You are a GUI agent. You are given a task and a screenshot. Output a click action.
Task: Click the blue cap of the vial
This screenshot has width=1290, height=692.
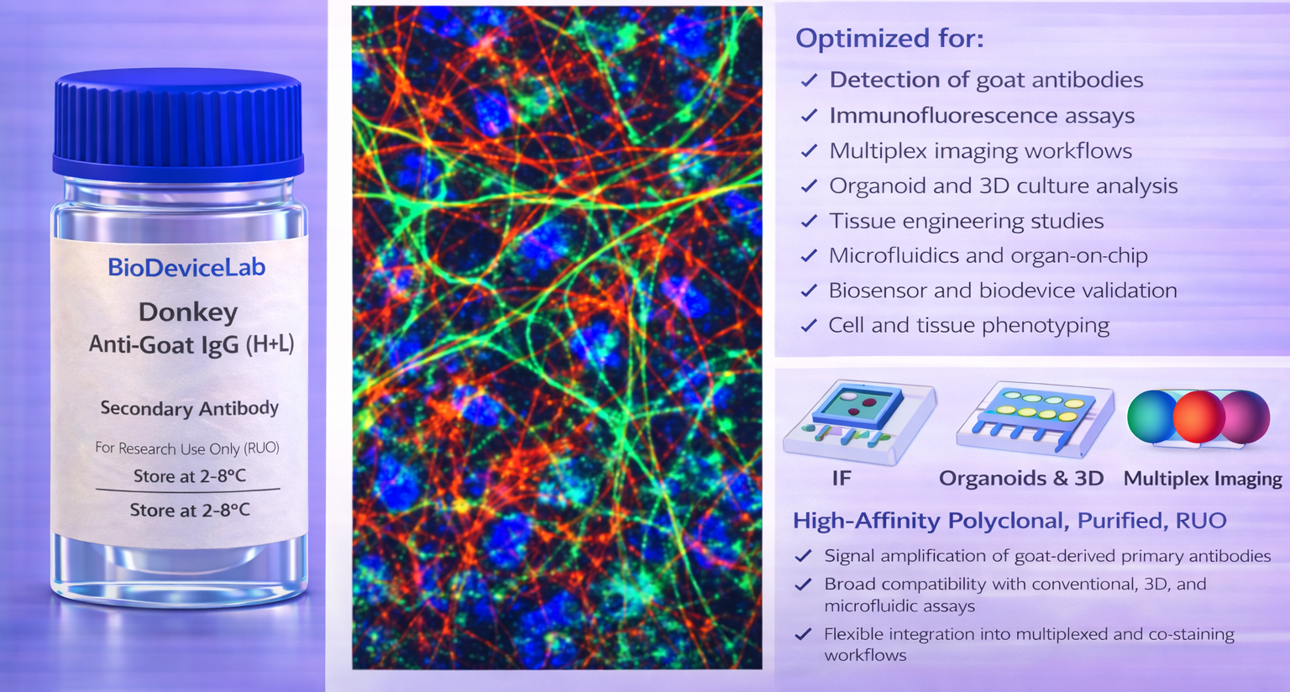tap(178, 123)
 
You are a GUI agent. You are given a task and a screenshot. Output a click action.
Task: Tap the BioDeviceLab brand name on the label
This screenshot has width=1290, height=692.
tap(186, 268)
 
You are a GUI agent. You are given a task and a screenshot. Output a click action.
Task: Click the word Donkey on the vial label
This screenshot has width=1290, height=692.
tap(188, 313)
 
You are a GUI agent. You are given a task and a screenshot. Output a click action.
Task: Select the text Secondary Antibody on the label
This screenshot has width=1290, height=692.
tap(190, 408)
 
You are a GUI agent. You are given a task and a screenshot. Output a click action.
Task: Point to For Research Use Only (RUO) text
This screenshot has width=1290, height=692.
tap(187, 448)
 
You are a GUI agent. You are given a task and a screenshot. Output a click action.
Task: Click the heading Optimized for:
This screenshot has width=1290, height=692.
tap(889, 39)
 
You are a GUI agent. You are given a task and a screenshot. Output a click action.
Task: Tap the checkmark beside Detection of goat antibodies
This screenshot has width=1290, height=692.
tap(809, 80)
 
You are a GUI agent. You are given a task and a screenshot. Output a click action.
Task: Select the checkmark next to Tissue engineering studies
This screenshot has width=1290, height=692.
tap(809, 221)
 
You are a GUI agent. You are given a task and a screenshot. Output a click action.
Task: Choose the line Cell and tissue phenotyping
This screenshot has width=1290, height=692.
tap(968, 326)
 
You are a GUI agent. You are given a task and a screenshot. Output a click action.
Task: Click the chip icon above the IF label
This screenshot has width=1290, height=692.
tap(858, 421)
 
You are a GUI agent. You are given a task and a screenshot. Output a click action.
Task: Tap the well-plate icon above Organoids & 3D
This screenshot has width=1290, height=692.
tap(1035, 418)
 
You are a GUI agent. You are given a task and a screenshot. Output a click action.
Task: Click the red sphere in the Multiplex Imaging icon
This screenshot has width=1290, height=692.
tap(1199, 417)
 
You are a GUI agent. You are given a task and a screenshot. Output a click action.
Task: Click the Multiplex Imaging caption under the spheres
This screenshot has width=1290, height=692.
tap(1203, 479)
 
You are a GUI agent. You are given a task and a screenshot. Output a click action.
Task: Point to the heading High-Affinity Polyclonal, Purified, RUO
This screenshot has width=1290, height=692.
tap(1009, 521)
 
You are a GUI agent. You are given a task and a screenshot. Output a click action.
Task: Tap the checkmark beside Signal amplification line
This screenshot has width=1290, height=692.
tap(804, 556)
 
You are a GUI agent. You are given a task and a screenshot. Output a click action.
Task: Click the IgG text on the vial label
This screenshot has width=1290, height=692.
tap(219, 345)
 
